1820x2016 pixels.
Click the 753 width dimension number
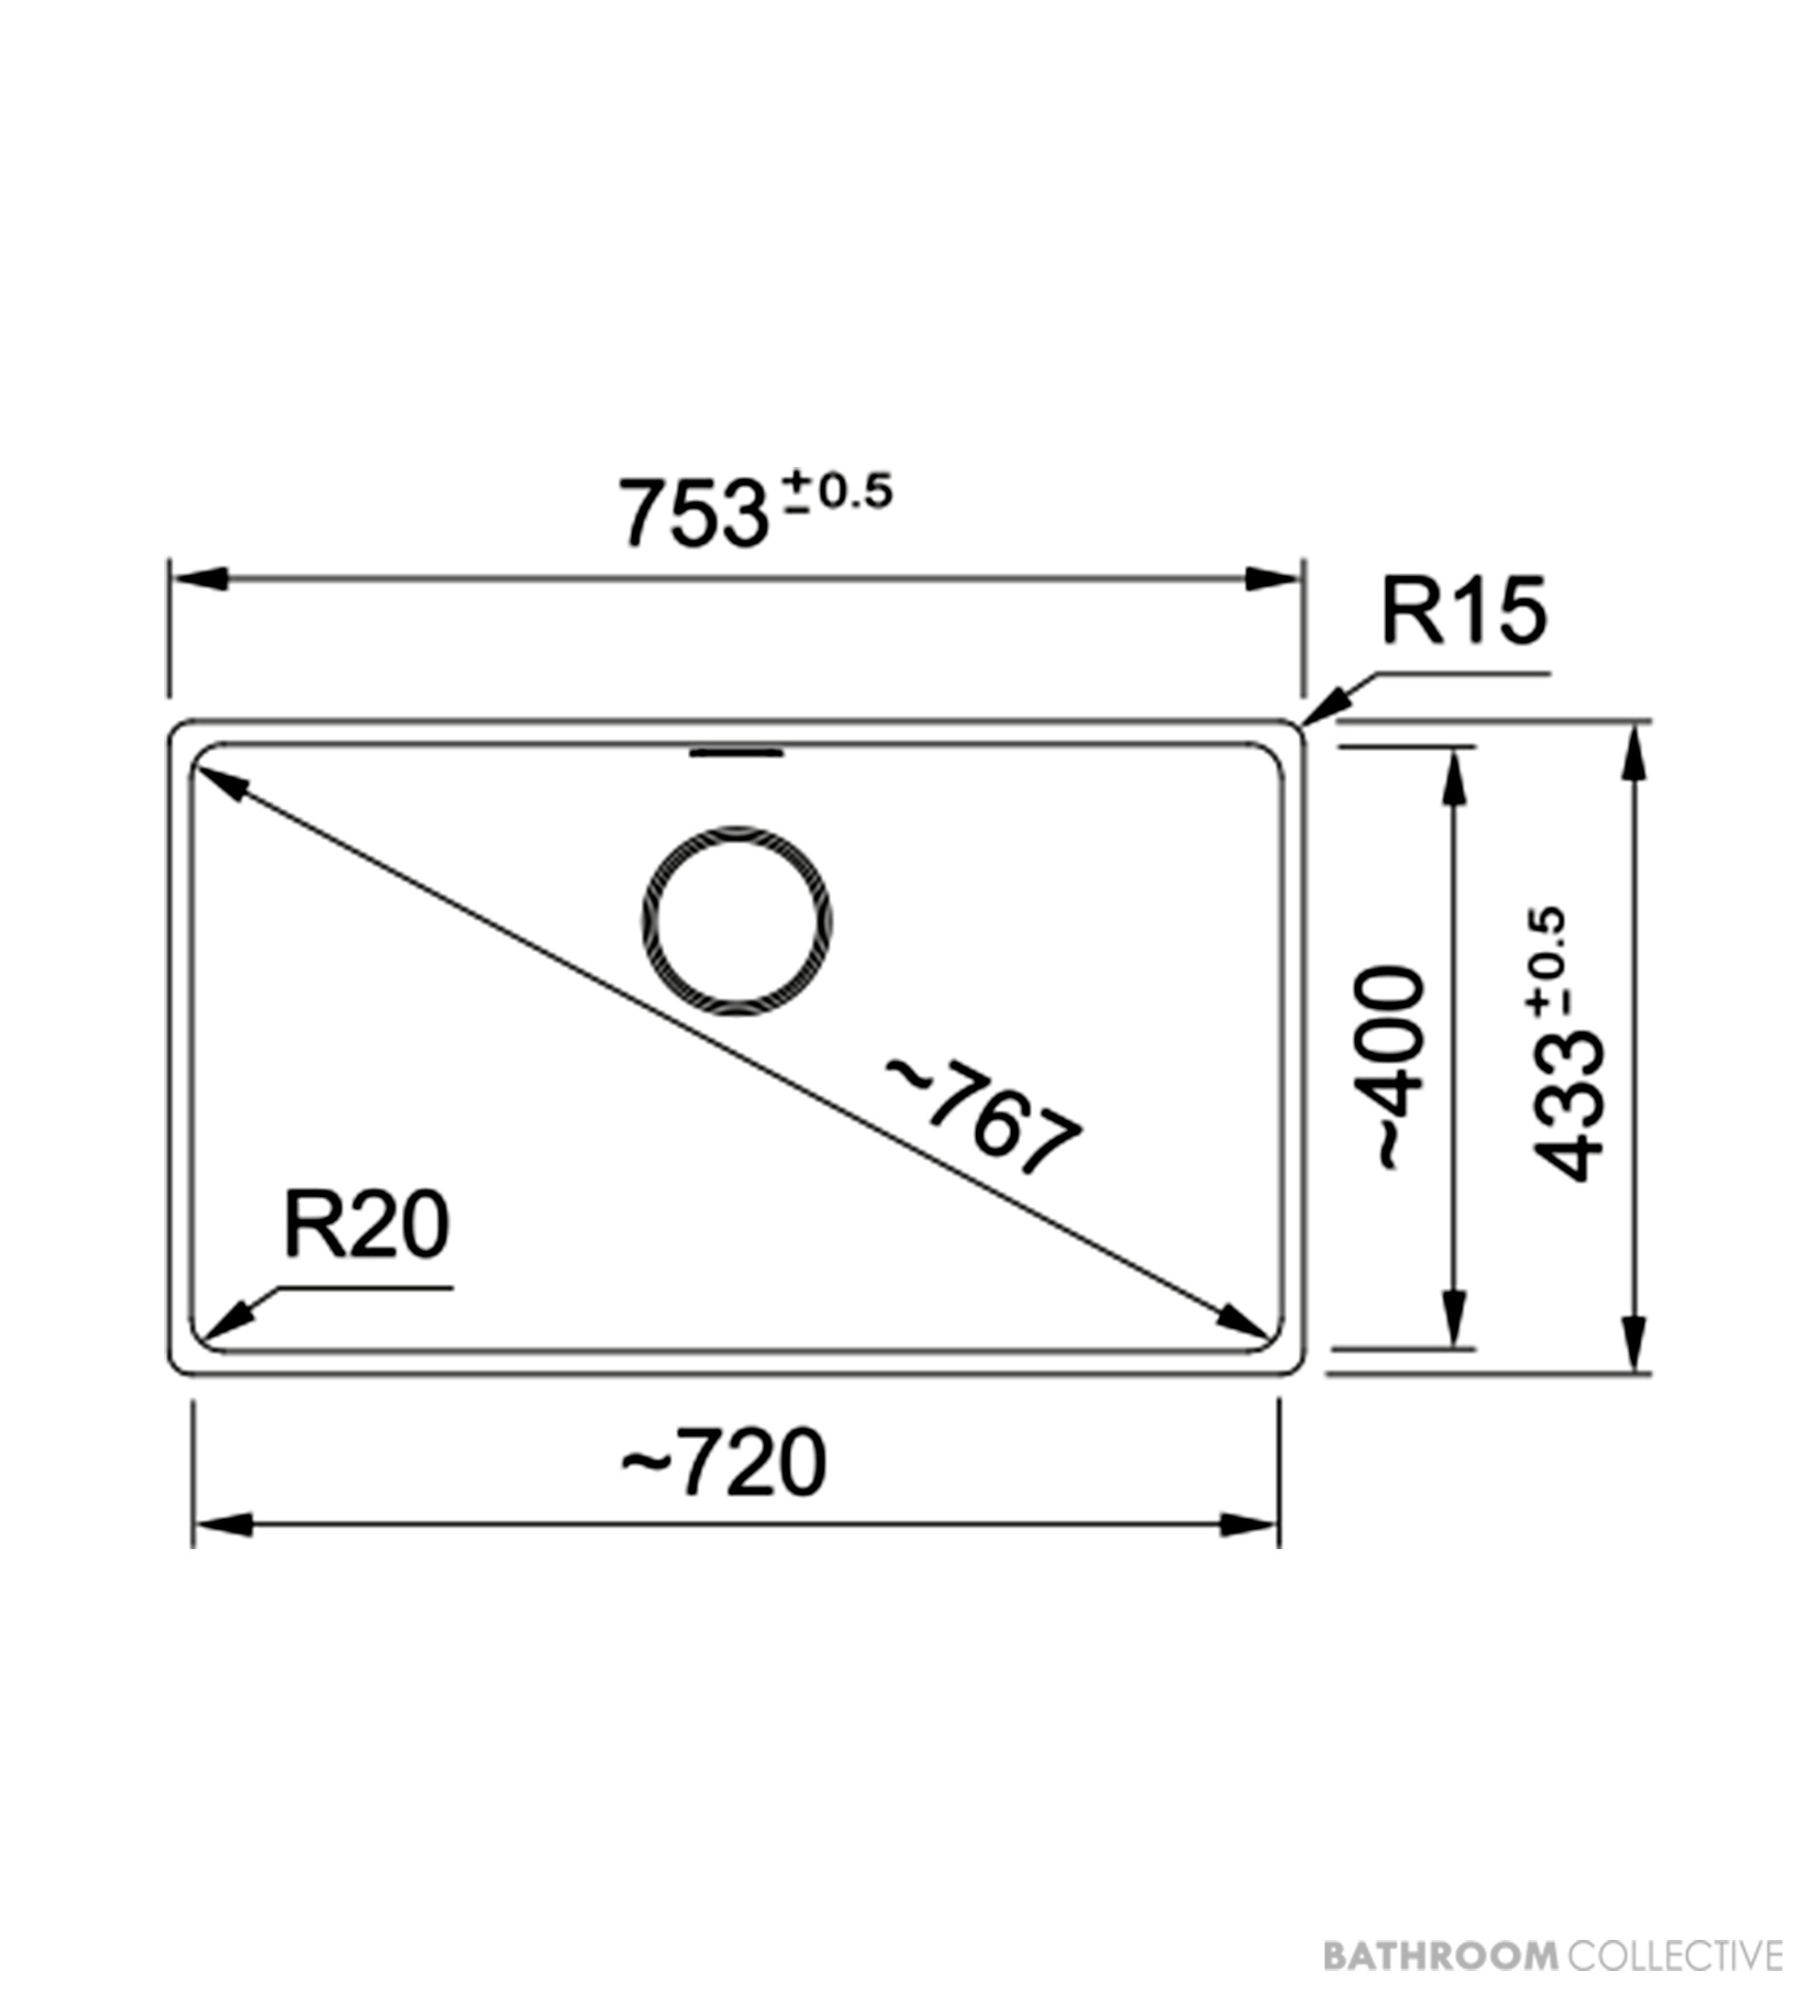point(694,513)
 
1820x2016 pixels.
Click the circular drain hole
point(737,921)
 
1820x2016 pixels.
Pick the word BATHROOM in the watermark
point(1440,1954)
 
